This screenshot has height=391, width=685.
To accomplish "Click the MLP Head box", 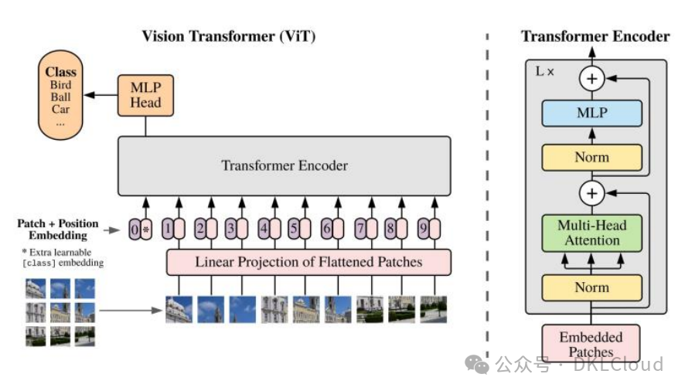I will click(x=145, y=96).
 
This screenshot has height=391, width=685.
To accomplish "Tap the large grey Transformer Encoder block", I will click(x=284, y=165).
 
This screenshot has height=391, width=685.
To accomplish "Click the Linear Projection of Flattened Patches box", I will click(x=308, y=262).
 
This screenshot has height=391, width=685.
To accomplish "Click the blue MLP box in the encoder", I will click(x=591, y=113).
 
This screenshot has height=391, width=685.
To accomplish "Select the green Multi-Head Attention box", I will click(x=591, y=233).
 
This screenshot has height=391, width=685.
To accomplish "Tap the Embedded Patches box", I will click(x=591, y=345).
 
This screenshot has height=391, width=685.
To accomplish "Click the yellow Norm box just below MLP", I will click(x=591, y=157).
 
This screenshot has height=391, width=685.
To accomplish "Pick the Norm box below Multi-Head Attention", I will click(x=591, y=287).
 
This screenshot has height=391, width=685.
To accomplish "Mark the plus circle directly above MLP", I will click(x=592, y=77).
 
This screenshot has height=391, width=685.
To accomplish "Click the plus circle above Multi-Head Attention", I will click(x=592, y=192).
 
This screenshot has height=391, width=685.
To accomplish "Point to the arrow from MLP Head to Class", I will click(x=100, y=95).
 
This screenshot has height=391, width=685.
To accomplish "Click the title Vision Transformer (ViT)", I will click(x=228, y=36).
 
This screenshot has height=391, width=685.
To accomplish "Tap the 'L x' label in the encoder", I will click(x=544, y=71).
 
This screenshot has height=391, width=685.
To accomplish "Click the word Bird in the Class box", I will click(x=60, y=84).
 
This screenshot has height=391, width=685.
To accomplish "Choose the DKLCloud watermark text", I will click(x=618, y=364).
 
